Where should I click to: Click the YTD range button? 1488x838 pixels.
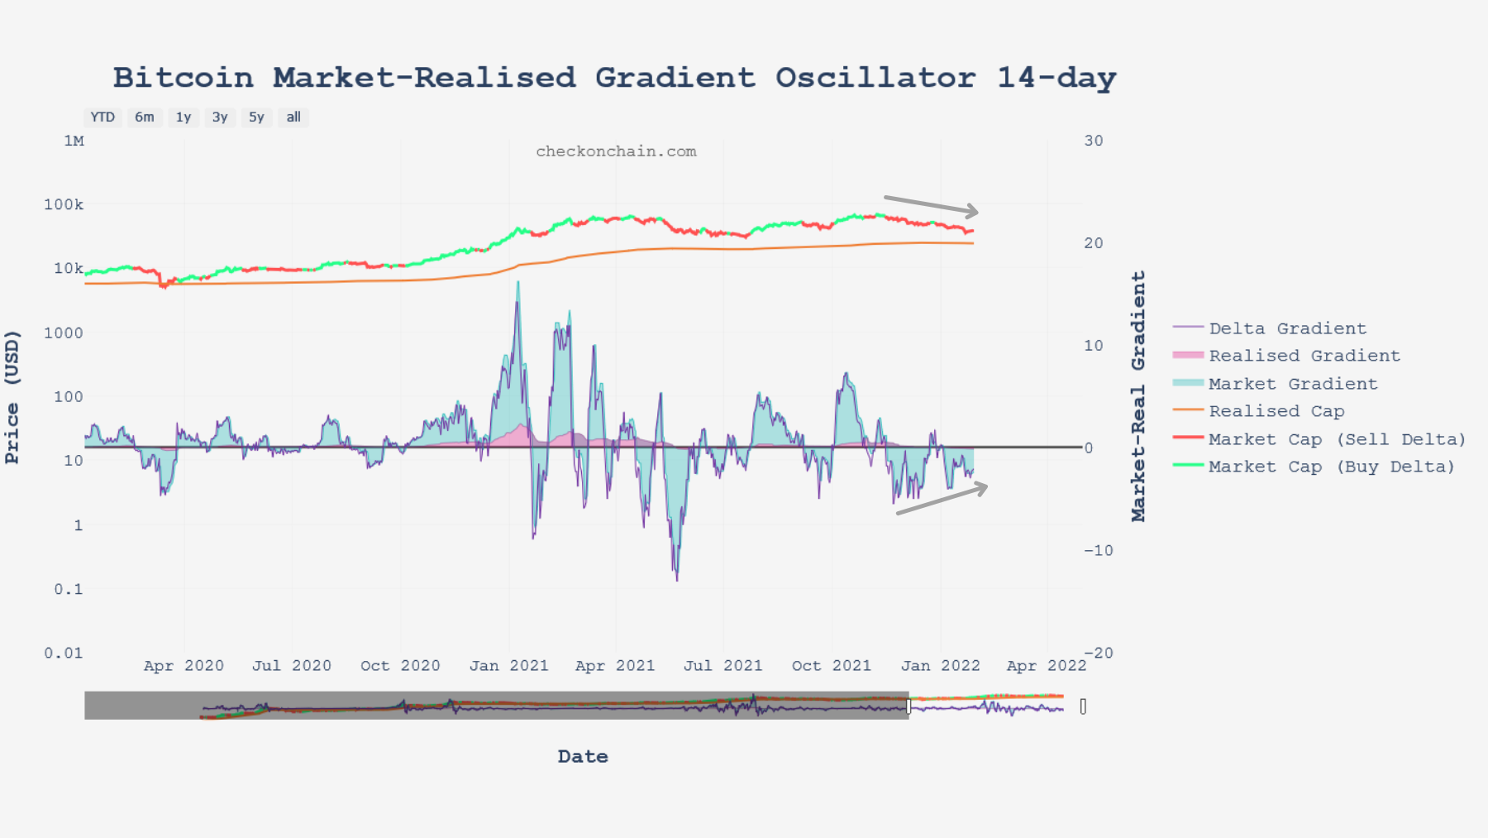tap(103, 117)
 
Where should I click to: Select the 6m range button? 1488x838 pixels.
tap(145, 117)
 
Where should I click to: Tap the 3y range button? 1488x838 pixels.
tap(220, 117)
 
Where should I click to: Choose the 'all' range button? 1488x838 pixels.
tap(293, 117)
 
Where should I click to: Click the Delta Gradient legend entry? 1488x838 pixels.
tap(1287, 328)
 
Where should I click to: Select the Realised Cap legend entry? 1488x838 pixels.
tap(1276, 411)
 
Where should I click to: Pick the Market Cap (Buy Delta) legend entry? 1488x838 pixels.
tap(1331, 467)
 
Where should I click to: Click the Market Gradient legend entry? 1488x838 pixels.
tap(1293, 384)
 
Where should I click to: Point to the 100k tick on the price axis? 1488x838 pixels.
tap(64, 204)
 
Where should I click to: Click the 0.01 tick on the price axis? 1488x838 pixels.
tap(64, 653)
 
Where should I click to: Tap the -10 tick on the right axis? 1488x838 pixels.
tap(1098, 550)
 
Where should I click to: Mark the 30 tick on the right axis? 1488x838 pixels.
tap(1094, 141)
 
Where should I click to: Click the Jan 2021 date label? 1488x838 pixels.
tap(509, 666)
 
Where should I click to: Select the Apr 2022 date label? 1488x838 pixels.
tap(1047, 666)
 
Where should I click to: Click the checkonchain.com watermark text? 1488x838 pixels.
tap(616, 151)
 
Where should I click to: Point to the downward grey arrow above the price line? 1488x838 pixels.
tap(931, 205)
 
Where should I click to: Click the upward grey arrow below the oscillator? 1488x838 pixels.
tap(942, 500)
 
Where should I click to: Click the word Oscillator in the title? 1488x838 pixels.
tap(875, 78)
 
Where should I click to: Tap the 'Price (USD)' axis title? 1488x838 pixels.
tap(12, 397)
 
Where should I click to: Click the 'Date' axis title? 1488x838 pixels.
tap(583, 756)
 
